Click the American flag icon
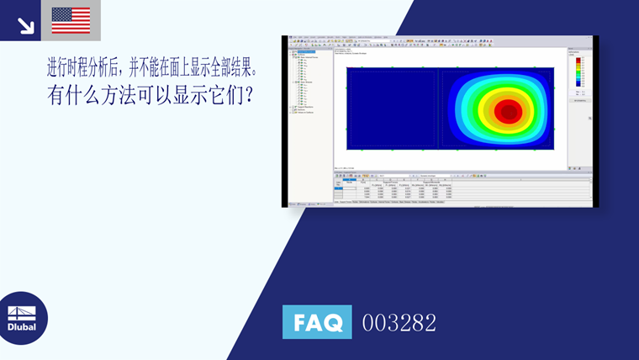71,20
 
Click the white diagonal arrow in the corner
26,25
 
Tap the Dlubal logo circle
23,318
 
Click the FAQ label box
317,321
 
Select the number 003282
399,322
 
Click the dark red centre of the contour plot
507,111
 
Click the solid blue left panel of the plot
390,108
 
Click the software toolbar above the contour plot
420,42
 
